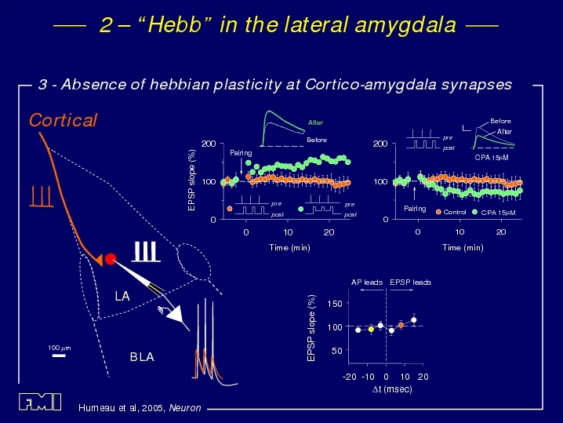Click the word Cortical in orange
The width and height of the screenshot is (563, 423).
tap(63, 120)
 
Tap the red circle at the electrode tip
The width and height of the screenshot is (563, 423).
tap(111, 259)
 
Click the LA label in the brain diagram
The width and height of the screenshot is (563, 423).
tap(122, 296)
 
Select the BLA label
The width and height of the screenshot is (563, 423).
tap(142, 356)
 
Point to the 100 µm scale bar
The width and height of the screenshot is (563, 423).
tap(59, 356)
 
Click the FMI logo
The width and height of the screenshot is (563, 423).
tap(40, 402)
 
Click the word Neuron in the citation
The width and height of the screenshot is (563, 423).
tap(185, 408)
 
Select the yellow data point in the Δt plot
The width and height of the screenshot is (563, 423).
tap(371, 329)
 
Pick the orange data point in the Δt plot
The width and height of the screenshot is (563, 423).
tap(401, 325)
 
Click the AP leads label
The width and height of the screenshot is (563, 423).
tap(367, 282)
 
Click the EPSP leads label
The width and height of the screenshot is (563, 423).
tap(410, 282)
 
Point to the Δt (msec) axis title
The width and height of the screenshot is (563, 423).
tap(392, 389)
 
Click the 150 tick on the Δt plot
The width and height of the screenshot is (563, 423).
tap(335, 304)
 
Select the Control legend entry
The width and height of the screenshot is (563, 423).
tap(451, 212)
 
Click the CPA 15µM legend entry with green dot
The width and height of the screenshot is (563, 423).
tap(494, 213)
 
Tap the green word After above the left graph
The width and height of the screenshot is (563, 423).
tap(315, 122)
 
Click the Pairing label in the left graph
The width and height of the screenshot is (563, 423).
tap(241, 153)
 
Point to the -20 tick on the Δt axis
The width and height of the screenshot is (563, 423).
tap(350, 377)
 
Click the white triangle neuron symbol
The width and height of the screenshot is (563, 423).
tap(176, 315)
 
